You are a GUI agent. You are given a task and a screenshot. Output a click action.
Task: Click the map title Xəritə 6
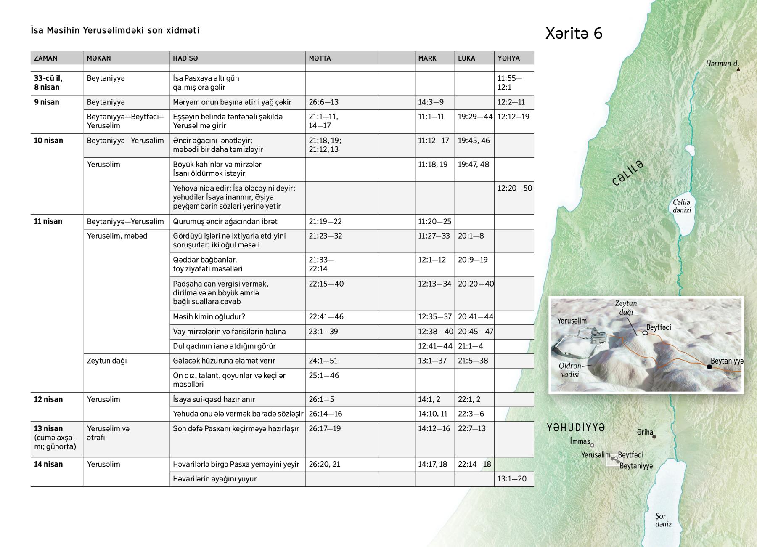click(x=574, y=33)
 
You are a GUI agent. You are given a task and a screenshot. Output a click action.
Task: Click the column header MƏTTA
click(x=320, y=58)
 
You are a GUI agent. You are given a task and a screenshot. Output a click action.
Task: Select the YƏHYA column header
click(x=508, y=58)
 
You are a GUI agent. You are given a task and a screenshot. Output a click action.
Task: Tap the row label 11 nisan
click(x=48, y=221)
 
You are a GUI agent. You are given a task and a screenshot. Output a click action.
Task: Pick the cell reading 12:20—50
click(x=514, y=188)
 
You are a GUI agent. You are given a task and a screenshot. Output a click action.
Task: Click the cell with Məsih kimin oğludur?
click(x=209, y=316)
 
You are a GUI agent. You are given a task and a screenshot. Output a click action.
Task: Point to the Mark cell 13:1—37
click(x=432, y=361)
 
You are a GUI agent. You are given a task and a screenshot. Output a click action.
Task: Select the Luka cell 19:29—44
click(x=475, y=117)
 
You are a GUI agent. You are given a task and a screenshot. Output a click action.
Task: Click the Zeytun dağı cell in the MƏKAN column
click(x=107, y=361)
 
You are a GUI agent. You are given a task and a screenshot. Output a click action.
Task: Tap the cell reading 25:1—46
click(x=324, y=375)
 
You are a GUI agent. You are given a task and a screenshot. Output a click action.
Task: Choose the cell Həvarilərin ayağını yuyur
click(x=214, y=479)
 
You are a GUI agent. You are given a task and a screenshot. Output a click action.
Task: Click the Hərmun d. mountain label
click(x=722, y=64)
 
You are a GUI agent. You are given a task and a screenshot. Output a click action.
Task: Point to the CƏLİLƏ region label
click(x=628, y=173)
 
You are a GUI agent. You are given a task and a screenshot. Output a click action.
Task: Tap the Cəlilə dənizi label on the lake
click(x=681, y=206)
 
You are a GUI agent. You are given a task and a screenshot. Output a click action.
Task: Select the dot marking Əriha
click(x=654, y=437)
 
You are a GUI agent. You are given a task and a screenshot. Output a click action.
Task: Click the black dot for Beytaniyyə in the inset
click(x=709, y=367)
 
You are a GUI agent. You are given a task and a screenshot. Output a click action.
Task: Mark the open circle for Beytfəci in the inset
click(x=645, y=333)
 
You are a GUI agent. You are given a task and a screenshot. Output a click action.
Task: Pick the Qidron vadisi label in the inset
click(x=570, y=370)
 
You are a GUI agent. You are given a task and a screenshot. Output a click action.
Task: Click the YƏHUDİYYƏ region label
click(x=576, y=428)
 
